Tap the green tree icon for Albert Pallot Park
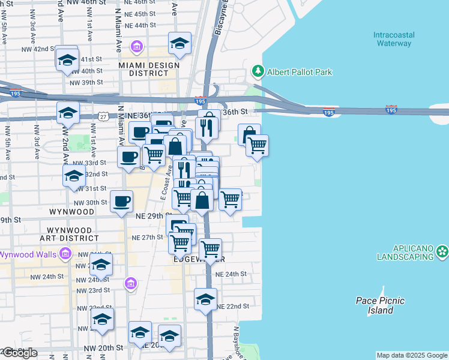[x=258, y=72]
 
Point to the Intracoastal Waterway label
[x=393, y=39]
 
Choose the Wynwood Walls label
[x=28, y=254]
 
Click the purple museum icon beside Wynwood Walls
[x=65, y=255]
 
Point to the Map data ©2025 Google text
[x=412, y=355]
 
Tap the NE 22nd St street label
[x=233, y=306]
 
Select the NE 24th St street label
[x=231, y=274]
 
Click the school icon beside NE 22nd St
[x=205, y=299]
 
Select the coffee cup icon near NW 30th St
[x=121, y=200]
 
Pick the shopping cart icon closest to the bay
[x=257, y=145]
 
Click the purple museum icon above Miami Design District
[x=137, y=46]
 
